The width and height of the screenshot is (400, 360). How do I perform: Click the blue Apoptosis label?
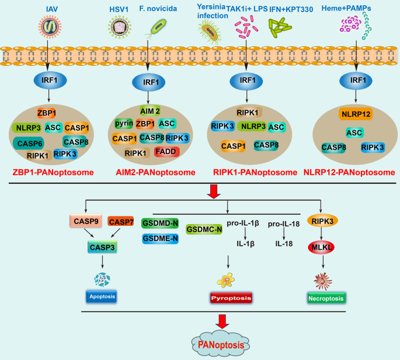pos(102,296)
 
